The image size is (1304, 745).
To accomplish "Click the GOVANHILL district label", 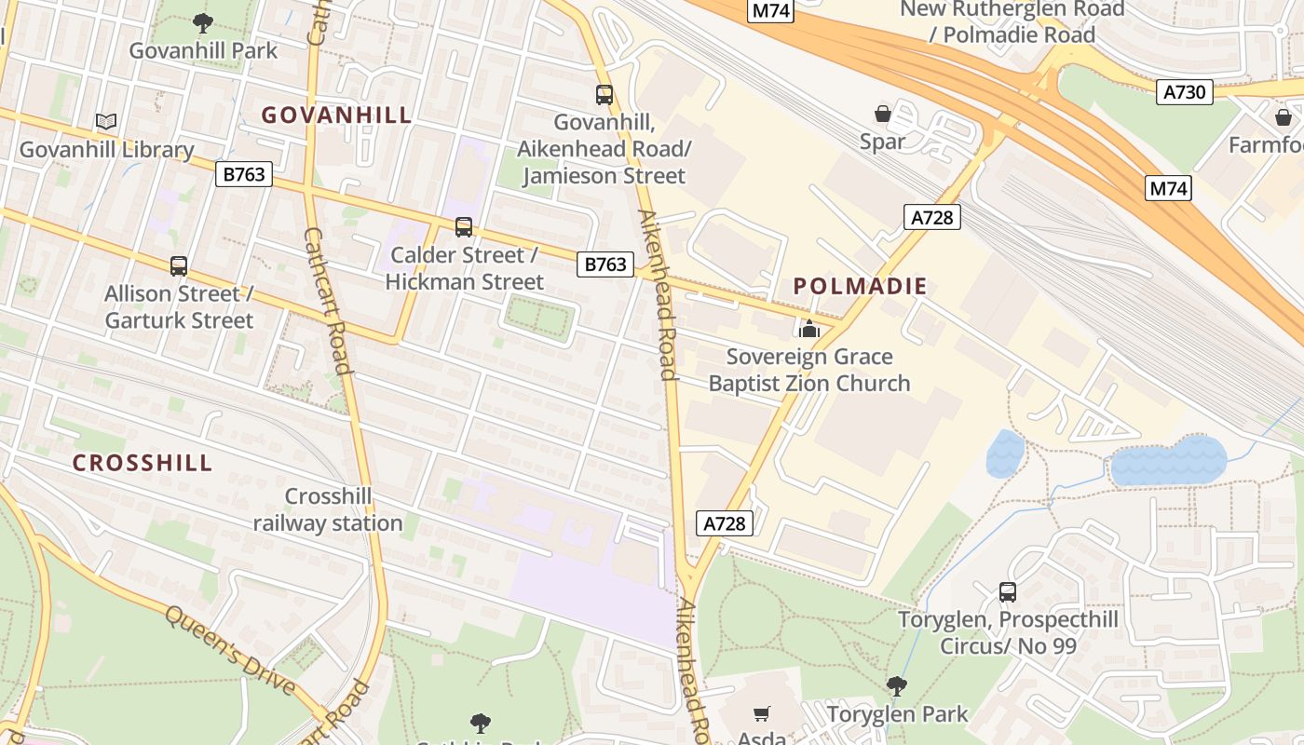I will coord(336,115).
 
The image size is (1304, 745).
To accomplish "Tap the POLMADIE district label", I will coord(860,287).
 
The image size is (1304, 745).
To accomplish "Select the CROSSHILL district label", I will coord(143,463).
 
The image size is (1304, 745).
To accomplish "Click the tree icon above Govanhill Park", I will coord(202,23).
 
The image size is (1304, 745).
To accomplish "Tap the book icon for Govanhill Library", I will coord(106,122).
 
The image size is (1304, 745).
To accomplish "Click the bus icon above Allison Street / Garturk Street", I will coord(179,266).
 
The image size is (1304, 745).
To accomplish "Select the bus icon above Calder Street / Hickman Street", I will coord(464,227).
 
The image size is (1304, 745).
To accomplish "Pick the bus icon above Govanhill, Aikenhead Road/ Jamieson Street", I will coord(604,94).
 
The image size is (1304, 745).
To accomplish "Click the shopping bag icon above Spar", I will coord(882,114).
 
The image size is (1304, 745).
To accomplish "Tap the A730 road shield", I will coord(1185,92).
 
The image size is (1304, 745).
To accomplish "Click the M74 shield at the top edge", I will coord(771,11).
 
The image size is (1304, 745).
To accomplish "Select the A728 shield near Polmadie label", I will coord(931,218).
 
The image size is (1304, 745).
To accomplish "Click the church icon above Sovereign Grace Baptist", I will coord(808,329).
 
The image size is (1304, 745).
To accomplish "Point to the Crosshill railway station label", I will coord(328,509).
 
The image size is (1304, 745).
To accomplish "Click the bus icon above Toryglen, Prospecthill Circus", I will coord(1007,591).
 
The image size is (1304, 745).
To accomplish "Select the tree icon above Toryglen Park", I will coord(896,687).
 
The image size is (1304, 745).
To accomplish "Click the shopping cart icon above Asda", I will coord(762,714).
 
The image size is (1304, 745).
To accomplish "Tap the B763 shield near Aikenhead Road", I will coord(605,264).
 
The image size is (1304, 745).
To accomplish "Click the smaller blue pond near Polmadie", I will coord(1005,454).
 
